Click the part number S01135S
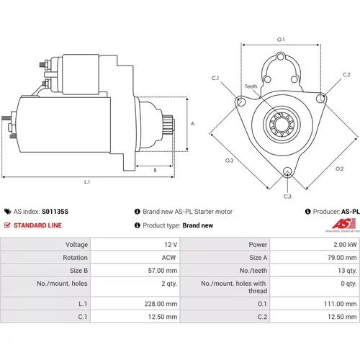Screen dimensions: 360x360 tap(55, 212)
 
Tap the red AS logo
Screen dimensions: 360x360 tap(344, 224)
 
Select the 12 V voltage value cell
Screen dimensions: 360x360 tap(171, 245)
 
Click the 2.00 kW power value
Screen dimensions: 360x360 tap(345, 245)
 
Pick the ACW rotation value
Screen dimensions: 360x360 tap(168, 258)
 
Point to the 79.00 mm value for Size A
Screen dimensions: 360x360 tap(342, 258)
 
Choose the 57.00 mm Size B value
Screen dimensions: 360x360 tap(163, 271)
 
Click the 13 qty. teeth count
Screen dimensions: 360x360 tap(348, 271)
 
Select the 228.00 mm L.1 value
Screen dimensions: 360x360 tap(161, 304)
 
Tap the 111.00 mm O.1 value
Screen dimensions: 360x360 tap(341, 304)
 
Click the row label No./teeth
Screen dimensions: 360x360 tap(253, 271)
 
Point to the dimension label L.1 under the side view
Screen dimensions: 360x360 tap(87, 182)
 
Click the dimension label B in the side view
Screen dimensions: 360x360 tap(155, 170)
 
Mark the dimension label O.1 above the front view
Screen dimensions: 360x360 tap(281, 40)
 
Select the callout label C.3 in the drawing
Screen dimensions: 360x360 tap(287, 197)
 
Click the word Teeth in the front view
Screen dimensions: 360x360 tap(251, 86)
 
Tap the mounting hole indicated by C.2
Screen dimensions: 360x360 tap(320, 99)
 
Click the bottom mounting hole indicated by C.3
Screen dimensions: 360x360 tap(287, 172)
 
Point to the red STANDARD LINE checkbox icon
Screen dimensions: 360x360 tap(7, 225)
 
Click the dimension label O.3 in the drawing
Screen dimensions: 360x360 tap(230, 161)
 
